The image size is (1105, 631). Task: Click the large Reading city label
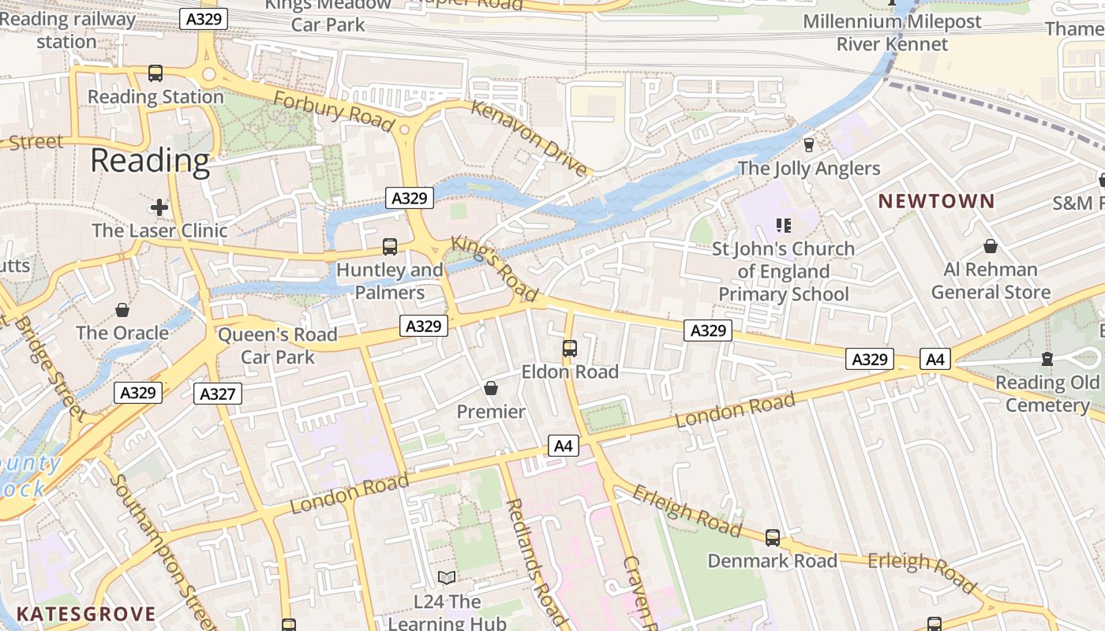150,161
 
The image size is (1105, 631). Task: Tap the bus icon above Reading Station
155,73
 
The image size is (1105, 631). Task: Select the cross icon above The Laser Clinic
159,207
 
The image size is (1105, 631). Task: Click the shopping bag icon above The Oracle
122,310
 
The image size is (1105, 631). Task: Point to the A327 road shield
218,394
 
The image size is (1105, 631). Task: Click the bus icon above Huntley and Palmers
390,247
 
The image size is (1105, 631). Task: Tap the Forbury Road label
333,111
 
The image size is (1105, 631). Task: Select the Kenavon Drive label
530,138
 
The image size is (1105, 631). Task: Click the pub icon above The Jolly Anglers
808,145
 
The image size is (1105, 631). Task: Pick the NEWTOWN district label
936,201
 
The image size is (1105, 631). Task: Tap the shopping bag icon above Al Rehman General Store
991,247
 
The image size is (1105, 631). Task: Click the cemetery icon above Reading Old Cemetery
1047,360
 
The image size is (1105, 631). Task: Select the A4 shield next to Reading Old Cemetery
935,360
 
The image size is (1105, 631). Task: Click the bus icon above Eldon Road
570,348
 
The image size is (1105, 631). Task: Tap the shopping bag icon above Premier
491,388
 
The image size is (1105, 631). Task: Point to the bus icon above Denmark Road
773,538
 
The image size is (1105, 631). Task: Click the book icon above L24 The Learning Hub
447,578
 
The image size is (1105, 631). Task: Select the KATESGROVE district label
85,614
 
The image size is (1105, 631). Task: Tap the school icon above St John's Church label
784,226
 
